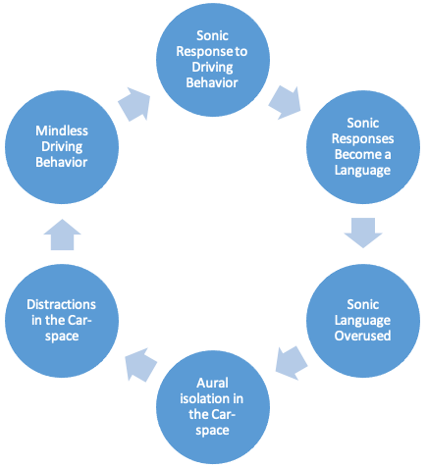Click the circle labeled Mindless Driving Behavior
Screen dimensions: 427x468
62,147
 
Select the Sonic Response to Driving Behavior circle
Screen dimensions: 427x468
213,60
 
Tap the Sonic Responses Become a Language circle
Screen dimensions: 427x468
363,147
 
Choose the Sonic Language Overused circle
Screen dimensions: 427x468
363,321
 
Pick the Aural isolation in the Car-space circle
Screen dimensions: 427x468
213,407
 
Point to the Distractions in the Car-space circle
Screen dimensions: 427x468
62,321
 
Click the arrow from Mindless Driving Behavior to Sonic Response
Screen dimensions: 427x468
134,104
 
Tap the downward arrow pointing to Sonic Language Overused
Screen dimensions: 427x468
363,233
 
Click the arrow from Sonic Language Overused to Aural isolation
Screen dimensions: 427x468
291,363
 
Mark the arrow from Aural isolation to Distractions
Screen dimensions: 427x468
140,364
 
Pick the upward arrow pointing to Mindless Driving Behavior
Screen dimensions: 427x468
62,234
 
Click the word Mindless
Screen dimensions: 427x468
62,130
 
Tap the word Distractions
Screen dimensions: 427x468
62,304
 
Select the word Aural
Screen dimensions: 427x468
213,383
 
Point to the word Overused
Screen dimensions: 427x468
363,336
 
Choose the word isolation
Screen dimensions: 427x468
202,398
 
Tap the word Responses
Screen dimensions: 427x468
363,138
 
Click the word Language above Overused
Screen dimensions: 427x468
362,321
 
